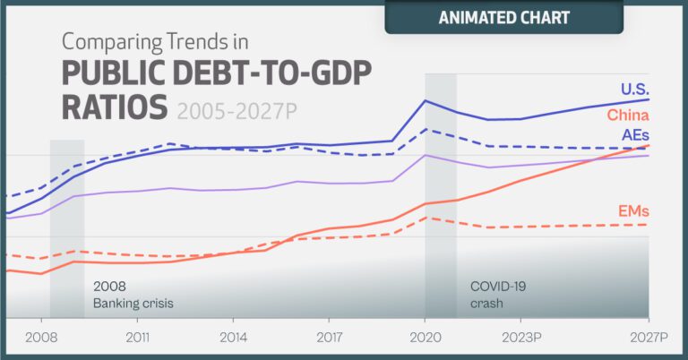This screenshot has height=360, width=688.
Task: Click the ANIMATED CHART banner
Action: pos(504,17)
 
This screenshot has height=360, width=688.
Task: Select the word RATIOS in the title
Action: pos(115,107)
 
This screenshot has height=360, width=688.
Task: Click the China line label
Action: pos(627,115)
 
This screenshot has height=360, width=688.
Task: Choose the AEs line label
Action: pos(634,134)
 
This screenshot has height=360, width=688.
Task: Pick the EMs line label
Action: pos(633,211)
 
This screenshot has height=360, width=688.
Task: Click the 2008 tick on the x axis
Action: pos(41,339)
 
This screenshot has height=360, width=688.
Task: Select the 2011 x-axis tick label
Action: pos(137,339)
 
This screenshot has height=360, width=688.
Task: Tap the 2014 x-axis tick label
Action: pos(233,339)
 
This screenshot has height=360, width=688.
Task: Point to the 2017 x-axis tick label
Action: pos(329,339)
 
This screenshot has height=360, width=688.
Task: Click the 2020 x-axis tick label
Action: pos(425,339)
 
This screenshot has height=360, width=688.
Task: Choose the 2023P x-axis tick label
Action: pos(523,339)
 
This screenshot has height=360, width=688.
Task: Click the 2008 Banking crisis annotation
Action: pos(133,296)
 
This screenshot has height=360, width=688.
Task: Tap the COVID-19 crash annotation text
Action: pos(499,296)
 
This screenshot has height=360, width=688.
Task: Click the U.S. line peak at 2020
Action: pos(426,100)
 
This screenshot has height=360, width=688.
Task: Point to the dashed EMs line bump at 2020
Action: pos(427,218)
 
